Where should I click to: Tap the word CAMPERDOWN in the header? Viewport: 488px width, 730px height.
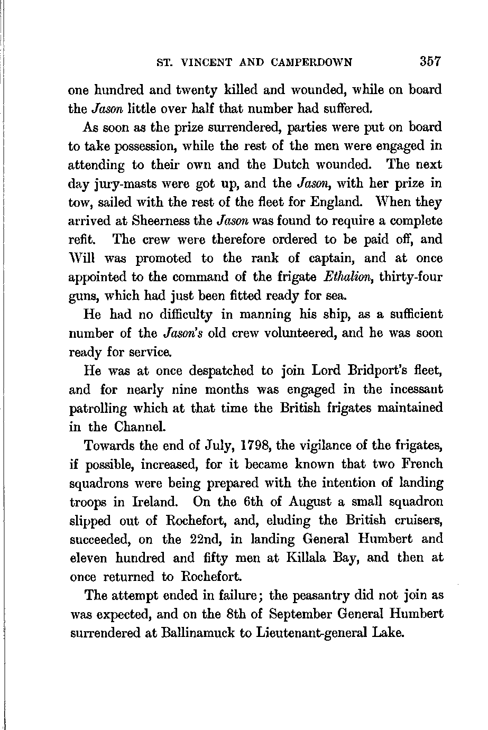[311, 62]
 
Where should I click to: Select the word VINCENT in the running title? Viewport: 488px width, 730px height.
[208, 62]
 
